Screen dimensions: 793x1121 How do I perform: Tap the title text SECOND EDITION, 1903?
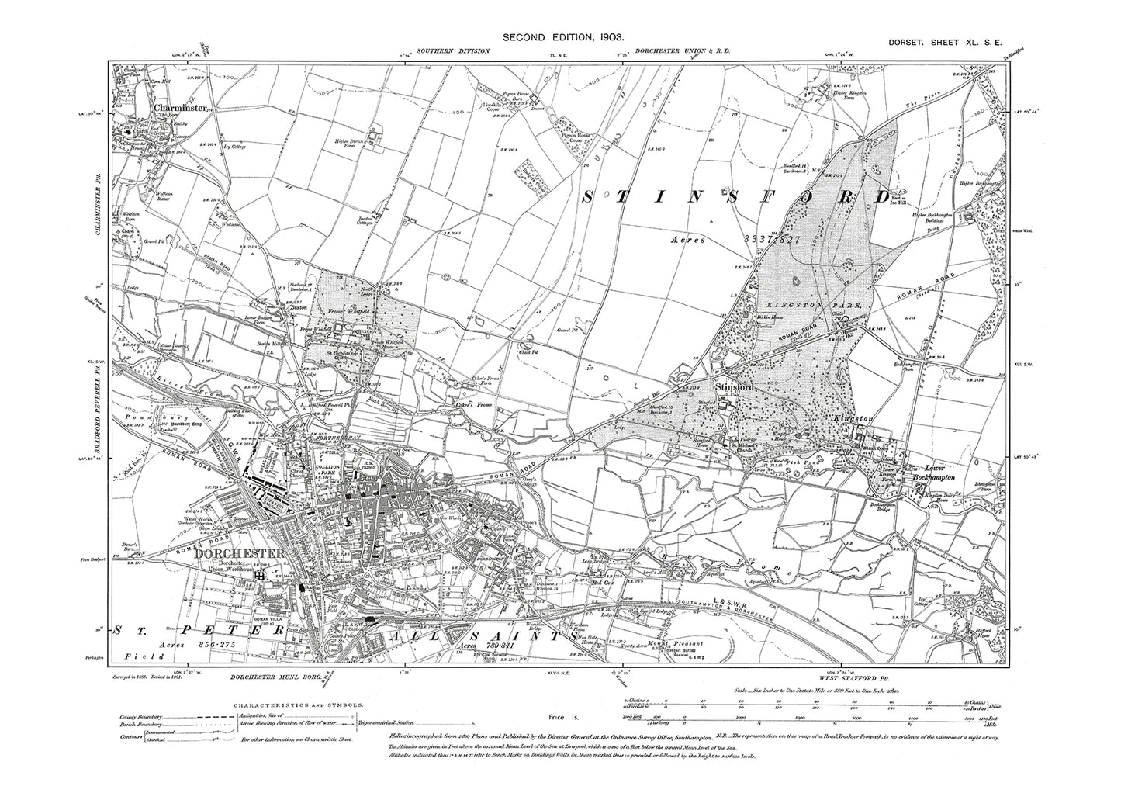point(559,36)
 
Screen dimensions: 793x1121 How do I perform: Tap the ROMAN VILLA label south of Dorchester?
point(263,621)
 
